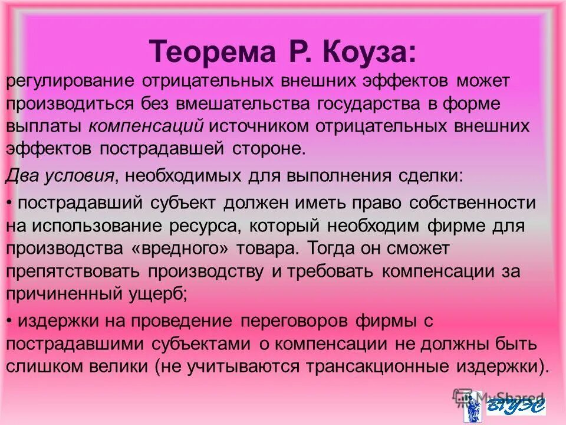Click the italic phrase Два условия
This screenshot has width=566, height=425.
[x=60, y=175]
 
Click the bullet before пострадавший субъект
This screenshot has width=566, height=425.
[x=10, y=203]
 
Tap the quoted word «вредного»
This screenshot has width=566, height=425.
[x=182, y=249]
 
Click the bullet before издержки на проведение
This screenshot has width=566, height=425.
[x=10, y=322]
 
